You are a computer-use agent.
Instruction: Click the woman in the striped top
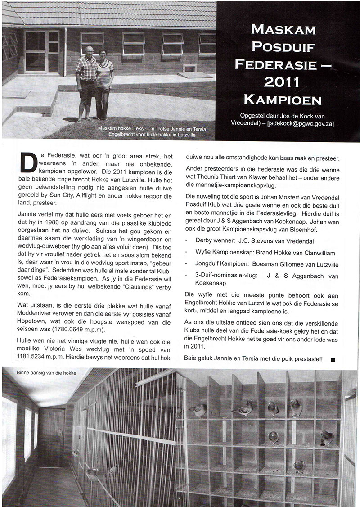(x=104, y=83)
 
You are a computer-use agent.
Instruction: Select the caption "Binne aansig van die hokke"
(x=46, y=373)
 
